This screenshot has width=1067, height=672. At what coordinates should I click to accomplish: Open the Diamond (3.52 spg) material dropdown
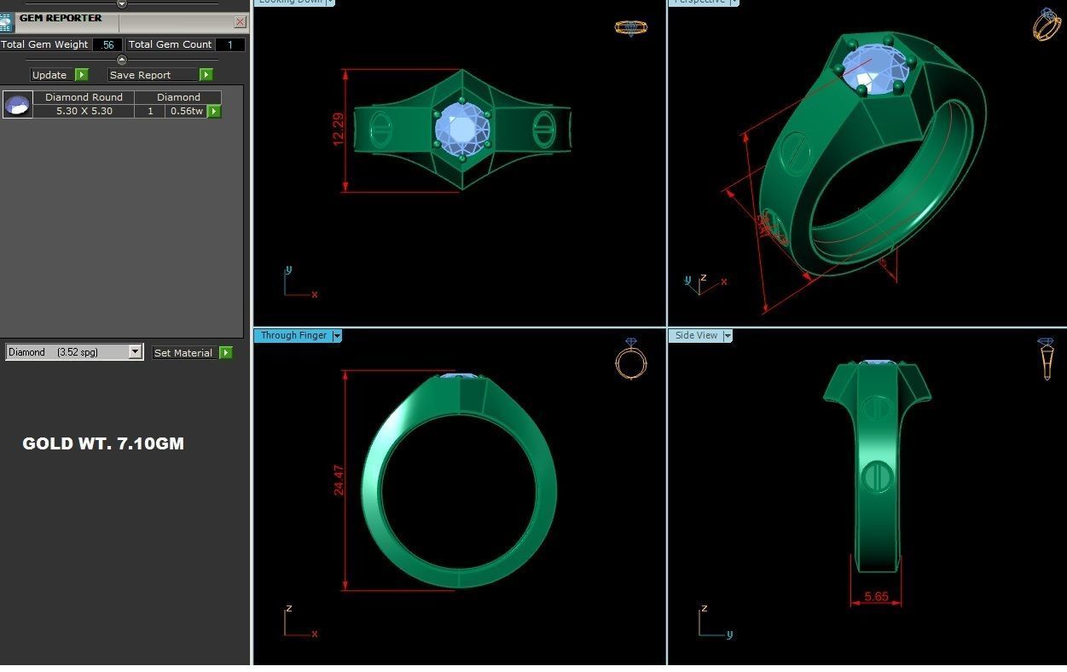135,352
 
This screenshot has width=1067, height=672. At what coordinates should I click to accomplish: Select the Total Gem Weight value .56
107,45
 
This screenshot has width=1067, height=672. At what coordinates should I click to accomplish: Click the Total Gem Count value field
229,45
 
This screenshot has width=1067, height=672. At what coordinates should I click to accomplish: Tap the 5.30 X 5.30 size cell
84,111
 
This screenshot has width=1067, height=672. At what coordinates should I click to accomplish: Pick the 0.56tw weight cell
186,111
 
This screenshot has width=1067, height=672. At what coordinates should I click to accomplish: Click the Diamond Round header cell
84,97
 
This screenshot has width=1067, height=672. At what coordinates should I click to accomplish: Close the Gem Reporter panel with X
240,21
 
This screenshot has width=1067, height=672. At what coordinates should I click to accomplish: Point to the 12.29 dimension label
339,129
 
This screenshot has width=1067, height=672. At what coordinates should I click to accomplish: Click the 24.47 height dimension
339,480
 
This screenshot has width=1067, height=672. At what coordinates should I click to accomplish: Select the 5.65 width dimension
876,597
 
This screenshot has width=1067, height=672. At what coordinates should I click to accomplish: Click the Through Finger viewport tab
293,336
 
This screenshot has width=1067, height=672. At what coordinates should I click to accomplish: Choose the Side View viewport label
696,336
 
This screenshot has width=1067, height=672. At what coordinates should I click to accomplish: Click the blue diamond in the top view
461,130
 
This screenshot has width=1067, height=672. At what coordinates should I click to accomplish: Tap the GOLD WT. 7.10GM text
103,443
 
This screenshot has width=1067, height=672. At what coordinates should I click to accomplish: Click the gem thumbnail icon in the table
18,105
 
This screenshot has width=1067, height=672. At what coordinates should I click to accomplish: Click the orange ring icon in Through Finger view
631,360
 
